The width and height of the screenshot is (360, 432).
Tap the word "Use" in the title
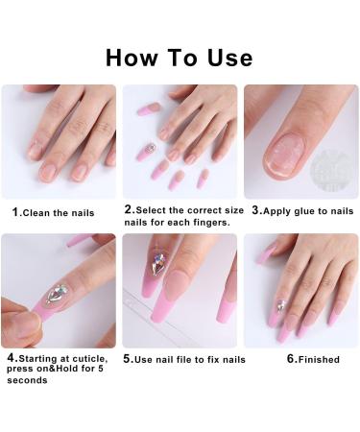point(227,57)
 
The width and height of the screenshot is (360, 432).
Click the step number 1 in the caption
point(14,211)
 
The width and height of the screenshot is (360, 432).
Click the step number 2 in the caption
point(128,208)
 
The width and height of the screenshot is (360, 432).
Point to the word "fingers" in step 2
point(213,221)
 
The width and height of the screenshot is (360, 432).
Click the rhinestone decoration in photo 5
point(158,263)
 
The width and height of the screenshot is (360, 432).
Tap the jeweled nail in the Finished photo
point(282,305)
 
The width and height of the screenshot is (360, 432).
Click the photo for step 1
point(59,141)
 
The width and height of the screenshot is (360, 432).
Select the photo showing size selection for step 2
point(180,141)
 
